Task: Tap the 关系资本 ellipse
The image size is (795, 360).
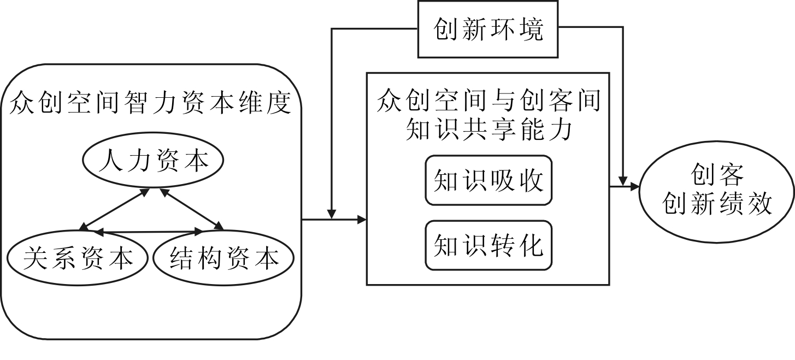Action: [78, 258]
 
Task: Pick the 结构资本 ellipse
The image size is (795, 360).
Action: [223, 258]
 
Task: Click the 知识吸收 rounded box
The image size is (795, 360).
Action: [488, 180]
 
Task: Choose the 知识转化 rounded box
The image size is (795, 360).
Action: [488, 245]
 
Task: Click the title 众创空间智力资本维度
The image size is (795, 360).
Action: [150, 104]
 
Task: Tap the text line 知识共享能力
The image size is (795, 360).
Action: [488, 129]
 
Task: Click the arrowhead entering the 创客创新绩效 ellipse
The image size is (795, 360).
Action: [634, 187]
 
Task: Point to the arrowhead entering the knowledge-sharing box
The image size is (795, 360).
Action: [361, 220]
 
